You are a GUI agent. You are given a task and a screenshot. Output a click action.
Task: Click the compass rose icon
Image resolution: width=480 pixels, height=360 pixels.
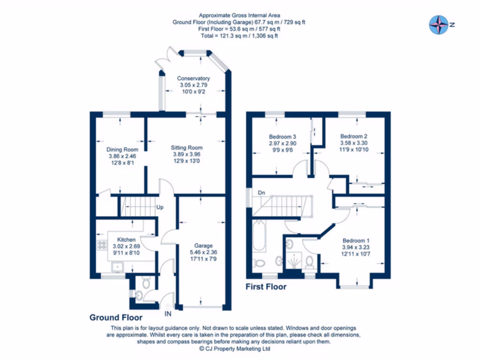pos(439,25)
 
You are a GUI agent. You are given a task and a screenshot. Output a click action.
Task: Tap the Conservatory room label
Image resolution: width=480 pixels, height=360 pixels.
pos(193,78)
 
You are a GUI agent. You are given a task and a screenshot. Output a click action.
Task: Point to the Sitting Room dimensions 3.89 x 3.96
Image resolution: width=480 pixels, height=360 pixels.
pos(187,155)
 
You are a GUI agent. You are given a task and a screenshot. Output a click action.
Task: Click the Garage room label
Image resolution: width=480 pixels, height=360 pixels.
pos(204,245)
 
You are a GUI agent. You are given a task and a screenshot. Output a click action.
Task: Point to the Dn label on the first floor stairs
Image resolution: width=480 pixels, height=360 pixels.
pos(261,193)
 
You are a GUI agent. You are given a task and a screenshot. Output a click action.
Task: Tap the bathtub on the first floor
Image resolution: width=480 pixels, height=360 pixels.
pos(260,239)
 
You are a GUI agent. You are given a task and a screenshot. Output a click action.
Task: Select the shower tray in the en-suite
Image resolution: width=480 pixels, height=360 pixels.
pos(294,261)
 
